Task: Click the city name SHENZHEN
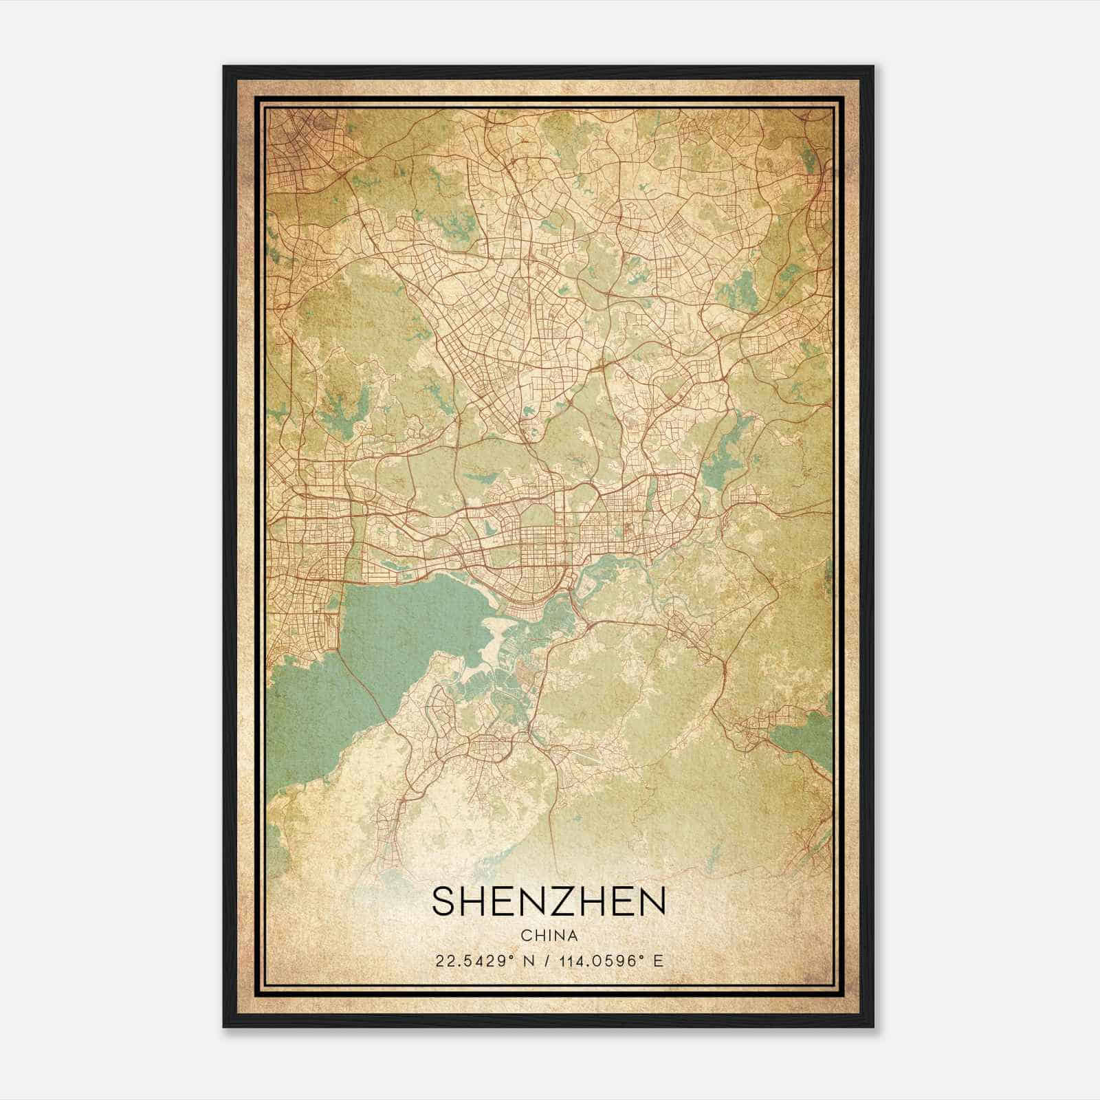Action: tap(549, 901)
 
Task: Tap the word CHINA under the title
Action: tap(549, 936)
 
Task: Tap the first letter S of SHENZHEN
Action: tap(443, 901)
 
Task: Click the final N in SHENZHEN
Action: tap(654, 901)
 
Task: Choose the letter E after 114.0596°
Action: tap(659, 961)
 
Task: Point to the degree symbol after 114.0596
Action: tap(644, 957)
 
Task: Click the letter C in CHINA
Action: tap(526, 936)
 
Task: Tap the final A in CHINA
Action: tap(572, 936)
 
